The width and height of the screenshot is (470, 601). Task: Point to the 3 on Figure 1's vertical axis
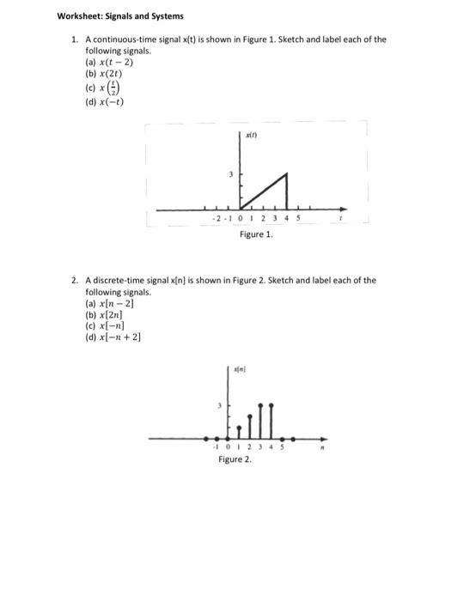point(229,175)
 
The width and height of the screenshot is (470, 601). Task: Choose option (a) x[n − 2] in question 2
point(108,304)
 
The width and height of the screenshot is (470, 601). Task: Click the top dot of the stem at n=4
point(272,403)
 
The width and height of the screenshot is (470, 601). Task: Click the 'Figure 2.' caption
point(235,460)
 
